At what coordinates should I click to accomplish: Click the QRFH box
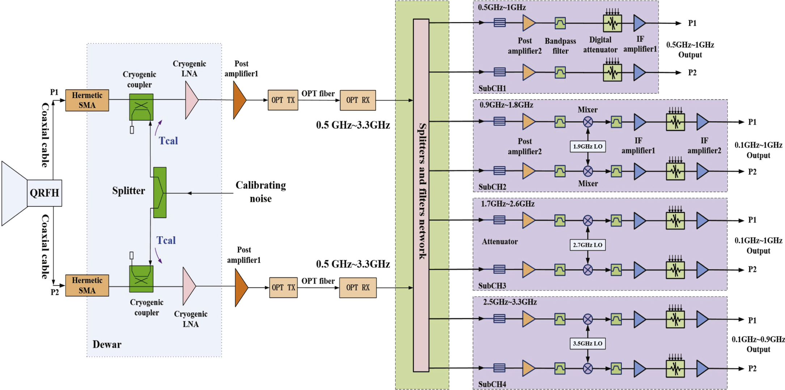click(44, 193)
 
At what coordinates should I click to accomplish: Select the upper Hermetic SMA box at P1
click(87, 100)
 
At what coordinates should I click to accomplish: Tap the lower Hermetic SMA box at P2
click(87, 285)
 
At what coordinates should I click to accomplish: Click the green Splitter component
click(160, 192)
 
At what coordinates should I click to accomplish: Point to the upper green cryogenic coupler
click(141, 107)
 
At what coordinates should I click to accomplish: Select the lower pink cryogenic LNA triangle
click(188, 286)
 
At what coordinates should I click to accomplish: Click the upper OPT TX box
click(283, 100)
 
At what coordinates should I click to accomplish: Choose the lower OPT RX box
click(357, 288)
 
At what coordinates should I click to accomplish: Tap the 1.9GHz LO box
click(587, 147)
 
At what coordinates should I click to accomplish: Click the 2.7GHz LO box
click(587, 245)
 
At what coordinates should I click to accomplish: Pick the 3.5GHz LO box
click(587, 343)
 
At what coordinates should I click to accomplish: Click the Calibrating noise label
click(260, 192)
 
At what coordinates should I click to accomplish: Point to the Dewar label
click(107, 344)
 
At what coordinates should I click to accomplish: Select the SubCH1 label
click(492, 88)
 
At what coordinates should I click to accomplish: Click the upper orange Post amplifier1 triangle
click(239, 100)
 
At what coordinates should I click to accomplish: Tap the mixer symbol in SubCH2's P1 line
click(588, 122)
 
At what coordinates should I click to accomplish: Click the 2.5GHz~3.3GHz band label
click(510, 302)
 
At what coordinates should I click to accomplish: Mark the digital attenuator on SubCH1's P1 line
click(612, 23)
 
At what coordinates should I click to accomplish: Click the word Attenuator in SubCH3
click(500, 242)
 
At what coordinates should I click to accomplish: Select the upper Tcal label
click(168, 141)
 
